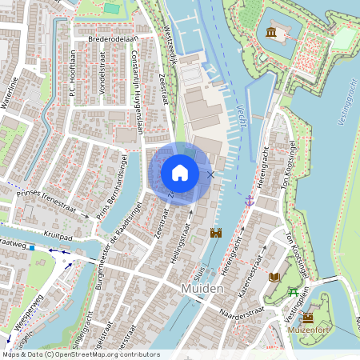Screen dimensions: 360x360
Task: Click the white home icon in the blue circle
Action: point(180,173)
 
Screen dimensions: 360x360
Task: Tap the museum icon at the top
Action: point(271,32)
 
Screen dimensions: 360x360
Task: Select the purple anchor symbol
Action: point(250,199)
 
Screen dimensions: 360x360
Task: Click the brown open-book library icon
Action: point(275,276)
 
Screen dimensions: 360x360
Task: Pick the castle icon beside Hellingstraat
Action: point(215,233)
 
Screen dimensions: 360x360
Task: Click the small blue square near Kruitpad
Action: point(32,247)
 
